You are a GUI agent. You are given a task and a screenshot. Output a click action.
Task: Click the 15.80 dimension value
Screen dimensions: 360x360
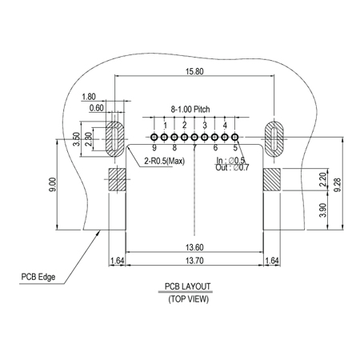194,71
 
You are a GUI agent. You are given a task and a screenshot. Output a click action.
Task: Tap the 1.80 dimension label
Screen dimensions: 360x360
89,97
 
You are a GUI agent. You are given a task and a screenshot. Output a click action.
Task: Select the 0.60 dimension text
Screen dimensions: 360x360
97,108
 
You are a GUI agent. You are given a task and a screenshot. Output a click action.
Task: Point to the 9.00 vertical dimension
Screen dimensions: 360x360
53,184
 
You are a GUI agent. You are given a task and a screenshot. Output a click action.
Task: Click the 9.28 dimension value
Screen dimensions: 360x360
338,185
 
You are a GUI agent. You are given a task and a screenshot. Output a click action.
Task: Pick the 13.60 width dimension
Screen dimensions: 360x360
194,247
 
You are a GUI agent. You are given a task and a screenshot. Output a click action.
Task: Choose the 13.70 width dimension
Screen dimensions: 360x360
194,261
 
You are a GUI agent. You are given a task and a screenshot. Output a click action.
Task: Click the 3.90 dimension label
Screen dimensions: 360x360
322,210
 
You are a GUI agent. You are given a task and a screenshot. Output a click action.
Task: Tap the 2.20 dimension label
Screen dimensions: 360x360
322,180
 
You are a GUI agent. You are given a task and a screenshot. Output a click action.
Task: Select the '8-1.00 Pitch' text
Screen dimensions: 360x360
190,109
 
